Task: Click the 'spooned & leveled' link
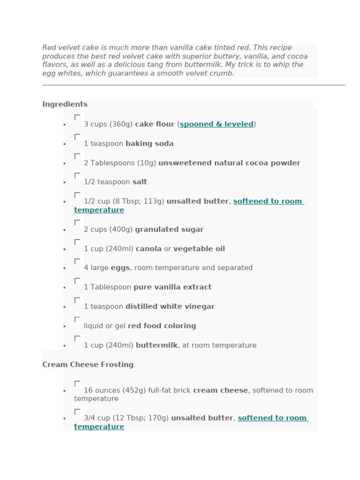click(217, 124)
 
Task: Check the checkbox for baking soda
click(77, 137)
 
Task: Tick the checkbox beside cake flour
click(77, 118)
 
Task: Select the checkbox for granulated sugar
click(77, 223)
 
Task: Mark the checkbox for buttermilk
click(77, 338)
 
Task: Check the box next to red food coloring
click(77, 319)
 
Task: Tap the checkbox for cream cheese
click(77, 383)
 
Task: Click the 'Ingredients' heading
click(65, 104)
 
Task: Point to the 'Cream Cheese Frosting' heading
click(88, 365)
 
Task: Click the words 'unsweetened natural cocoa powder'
click(229, 163)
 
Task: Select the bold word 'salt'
click(140, 182)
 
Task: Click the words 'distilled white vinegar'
click(170, 307)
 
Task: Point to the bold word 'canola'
click(149, 249)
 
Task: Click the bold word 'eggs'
click(120, 268)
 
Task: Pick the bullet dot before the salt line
click(65, 183)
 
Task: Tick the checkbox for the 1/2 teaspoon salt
click(77, 175)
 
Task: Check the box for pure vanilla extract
click(77, 281)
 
